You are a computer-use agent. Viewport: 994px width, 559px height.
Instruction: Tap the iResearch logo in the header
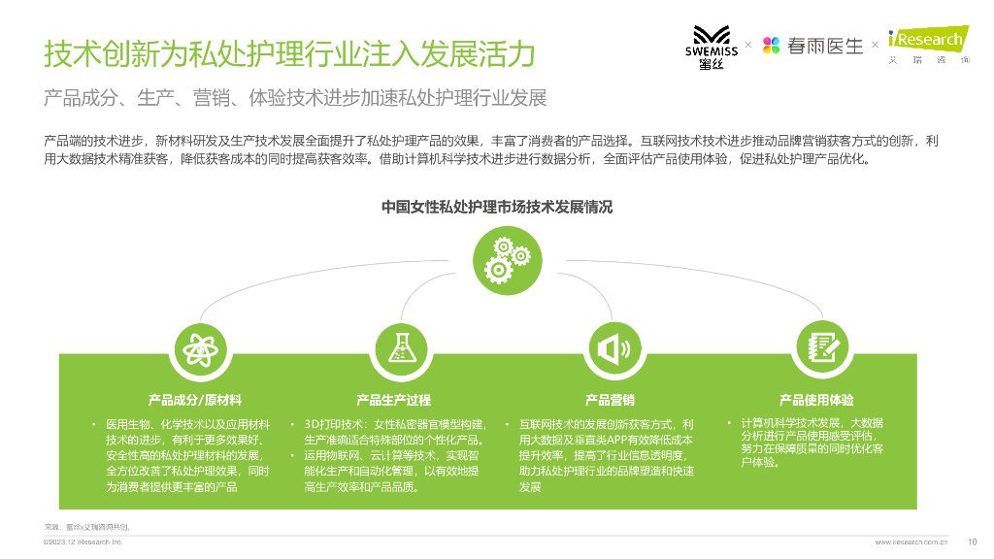click(x=927, y=45)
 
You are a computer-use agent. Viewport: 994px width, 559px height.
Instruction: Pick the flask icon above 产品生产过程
click(x=399, y=347)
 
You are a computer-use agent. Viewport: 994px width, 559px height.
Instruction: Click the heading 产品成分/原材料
click(x=195, y=400)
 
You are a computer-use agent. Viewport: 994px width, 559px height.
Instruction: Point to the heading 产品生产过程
click(x=393, y=400)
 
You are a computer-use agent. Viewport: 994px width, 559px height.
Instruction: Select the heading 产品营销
click(x=610, y=400)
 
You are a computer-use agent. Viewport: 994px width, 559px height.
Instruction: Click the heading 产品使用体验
click(x=816, y=400)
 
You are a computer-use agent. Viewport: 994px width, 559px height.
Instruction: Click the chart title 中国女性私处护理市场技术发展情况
click(x=497, y=207)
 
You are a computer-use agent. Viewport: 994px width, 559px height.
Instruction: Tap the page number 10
click(x=973, y=542)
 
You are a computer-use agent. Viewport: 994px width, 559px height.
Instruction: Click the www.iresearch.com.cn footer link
click(x=911, y=543)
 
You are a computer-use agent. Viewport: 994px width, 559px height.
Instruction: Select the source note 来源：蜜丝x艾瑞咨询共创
click(x=87, y=526)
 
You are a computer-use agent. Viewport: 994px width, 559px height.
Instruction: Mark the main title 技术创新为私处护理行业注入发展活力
click(x=289, y=55)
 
